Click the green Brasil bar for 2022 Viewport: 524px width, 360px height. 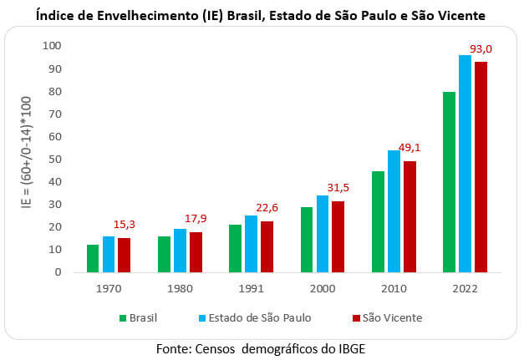(449, 181)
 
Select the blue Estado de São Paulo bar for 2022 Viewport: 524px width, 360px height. (464, 164)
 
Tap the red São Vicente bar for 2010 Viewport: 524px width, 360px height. (409, 216)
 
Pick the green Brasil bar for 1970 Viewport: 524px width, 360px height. (93, 258)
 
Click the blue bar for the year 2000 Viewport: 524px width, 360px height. (322, 233)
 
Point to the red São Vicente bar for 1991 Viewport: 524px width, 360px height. (267, 246)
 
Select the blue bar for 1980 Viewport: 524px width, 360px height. (180, 250)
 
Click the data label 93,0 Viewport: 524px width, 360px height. (481, 49)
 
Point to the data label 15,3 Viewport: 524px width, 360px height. (126, 225)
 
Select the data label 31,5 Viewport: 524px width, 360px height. (338, 188)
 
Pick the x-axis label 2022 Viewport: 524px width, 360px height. (464, 288)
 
